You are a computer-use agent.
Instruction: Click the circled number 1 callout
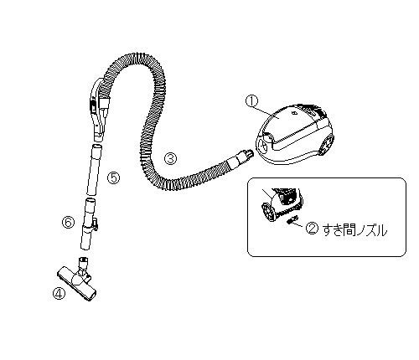(x=251, y=100)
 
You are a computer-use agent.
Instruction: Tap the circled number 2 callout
(x=312, y=229)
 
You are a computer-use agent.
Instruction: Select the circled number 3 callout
(x=171, y=158)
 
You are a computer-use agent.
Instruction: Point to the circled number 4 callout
(x=59, y=293)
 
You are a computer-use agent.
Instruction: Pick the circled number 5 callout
(x=114, y=177)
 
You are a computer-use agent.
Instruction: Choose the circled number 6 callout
(x=69, y=223)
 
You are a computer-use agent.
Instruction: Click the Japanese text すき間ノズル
(x=354, y=230)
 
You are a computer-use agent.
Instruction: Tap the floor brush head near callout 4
(x=77, y=285)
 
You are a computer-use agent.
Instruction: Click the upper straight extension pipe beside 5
(x=94, y=170)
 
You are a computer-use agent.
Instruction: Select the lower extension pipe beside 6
(x=87, y=224)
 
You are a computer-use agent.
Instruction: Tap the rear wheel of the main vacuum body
(x=327, y=144)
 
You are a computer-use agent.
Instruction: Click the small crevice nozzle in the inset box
(x=292, y=219)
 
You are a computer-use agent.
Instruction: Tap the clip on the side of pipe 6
(x=96, y=224)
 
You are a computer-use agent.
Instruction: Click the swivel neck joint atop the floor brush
(x=83, y=266)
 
